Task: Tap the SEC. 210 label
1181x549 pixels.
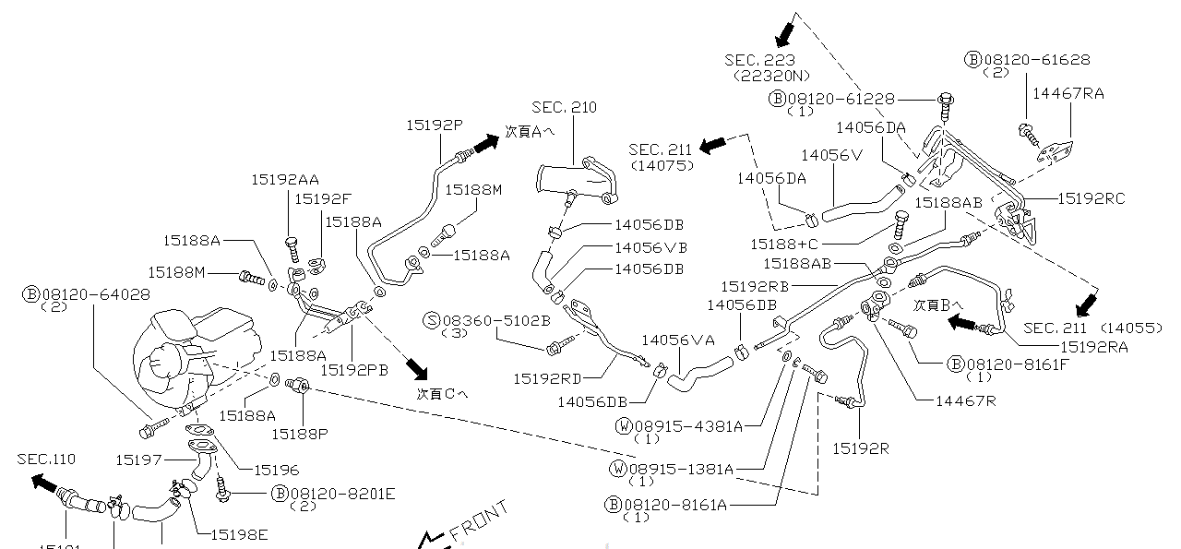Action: [564, 108]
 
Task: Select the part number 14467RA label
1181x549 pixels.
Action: [1068, 93]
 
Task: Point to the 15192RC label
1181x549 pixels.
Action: [1092, 198]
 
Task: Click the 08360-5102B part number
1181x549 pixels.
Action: [496, 320]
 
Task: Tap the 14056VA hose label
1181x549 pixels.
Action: [678, 340]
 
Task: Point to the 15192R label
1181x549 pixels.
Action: [861, 448]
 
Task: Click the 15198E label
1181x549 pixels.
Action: [239, 533]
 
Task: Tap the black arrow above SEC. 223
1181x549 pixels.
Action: [784, 34]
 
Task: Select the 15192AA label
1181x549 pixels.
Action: [285, 180]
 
